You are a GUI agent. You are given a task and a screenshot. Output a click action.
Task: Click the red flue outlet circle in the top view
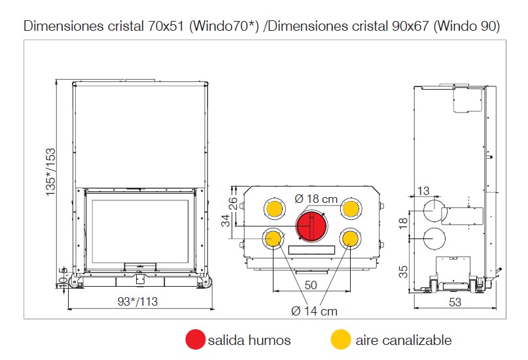coord(311,226)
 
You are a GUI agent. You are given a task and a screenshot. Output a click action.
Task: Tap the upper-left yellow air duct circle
coord(274,208)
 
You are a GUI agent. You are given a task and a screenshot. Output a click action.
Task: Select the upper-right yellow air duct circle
coord(351,208)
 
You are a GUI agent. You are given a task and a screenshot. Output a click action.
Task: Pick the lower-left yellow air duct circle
coord(273,239)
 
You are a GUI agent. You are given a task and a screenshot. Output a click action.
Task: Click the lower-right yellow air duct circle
coord(350,239)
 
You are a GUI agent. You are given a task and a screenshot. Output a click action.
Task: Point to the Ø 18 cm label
coord(316,199)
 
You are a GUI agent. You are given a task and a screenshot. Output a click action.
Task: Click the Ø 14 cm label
coord(314,311)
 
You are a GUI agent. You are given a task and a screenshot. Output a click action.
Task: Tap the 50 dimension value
coord(311,285)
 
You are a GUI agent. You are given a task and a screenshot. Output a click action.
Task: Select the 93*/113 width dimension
coord(137,301)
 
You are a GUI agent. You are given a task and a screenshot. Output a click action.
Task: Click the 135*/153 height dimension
coord(50,171)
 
